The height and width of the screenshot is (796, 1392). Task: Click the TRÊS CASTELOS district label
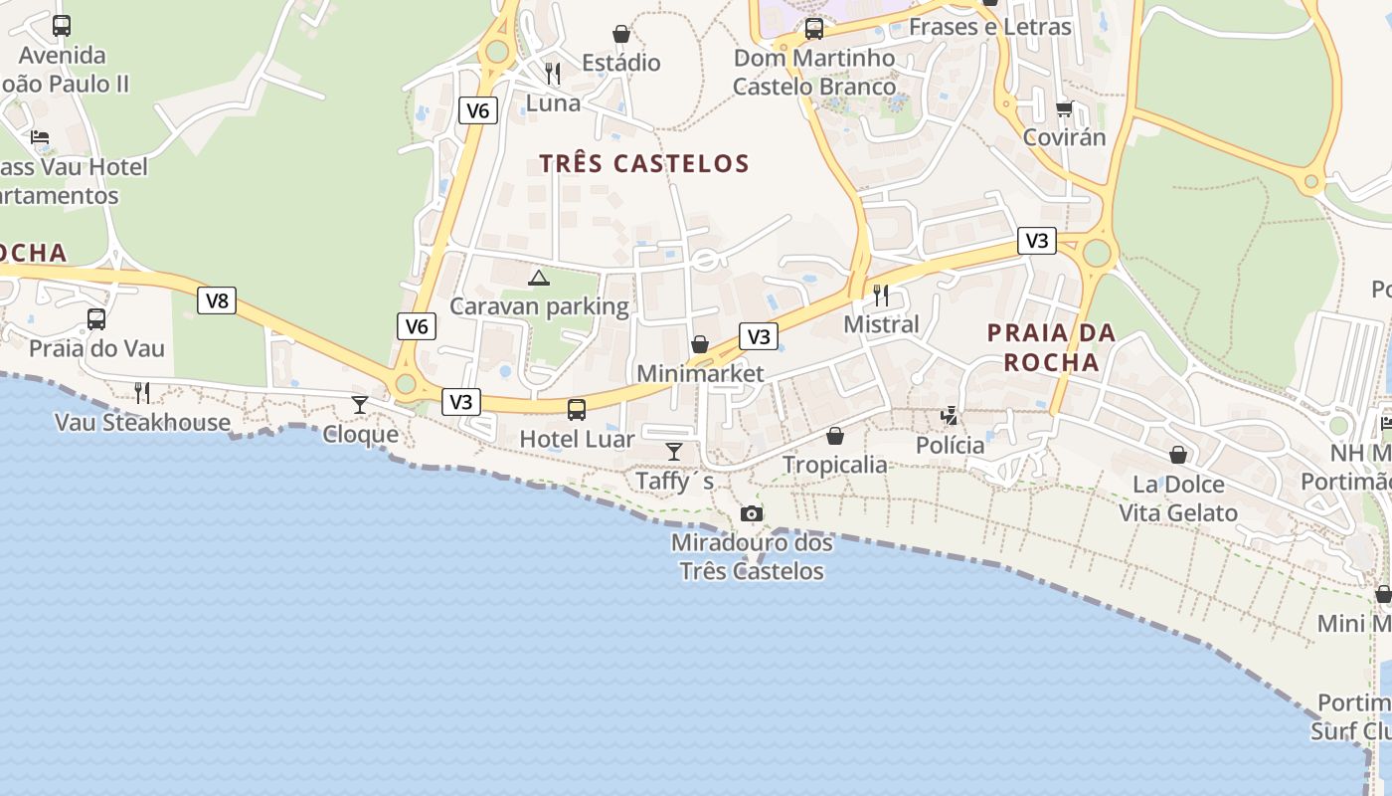click(x=644, y=163)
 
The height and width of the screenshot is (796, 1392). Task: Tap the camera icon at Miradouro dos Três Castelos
click(x=752, y=513)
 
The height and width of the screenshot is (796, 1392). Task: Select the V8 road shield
click(x=217, y=300)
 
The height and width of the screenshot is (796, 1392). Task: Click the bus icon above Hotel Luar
click(x=577, y=409)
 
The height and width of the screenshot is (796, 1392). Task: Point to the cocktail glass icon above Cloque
click(x=360, y=405)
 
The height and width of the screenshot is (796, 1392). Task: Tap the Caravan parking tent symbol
click(x=539, y=278)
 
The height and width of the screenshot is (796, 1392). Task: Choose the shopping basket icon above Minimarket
click(x=700, y=344)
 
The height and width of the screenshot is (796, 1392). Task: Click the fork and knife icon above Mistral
click(x=881, y=295)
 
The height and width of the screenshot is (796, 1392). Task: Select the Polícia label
click(x=951, y=445)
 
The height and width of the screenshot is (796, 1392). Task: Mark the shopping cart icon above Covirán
click(x=1065, y=108)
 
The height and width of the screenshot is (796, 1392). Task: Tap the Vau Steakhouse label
click(x=143, y=422)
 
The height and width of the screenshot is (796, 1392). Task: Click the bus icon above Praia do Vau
click(x=96, y=319)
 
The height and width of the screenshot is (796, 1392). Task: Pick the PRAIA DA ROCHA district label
click(x=1052, y=347)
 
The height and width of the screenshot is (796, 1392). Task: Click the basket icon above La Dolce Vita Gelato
click(x=1178, y=455)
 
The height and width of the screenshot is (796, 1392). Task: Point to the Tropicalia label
click(x=835, y=465)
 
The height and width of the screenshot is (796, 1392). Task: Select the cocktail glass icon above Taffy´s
click(x=674, y=452)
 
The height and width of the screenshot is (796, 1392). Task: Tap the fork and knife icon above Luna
click(x=553, y=73)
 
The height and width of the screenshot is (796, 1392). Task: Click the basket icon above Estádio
click(x=621, y=34)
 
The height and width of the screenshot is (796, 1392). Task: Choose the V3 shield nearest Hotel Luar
click(x=460, y=402)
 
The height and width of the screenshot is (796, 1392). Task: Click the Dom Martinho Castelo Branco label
click(x=814, y=73)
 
